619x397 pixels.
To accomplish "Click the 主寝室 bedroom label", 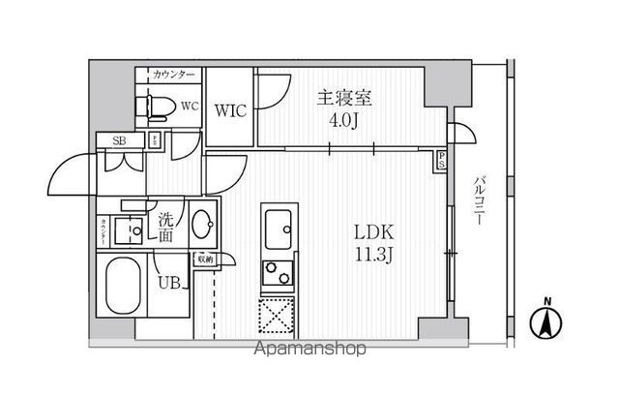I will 345,97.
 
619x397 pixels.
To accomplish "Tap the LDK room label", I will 373,233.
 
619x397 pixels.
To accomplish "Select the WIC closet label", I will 230,110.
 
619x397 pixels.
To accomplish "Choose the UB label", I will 168,283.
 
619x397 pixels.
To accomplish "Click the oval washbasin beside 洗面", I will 203,227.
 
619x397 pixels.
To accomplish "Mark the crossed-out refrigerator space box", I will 279,316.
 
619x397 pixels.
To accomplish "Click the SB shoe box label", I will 119,141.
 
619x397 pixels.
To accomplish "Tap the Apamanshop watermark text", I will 310,349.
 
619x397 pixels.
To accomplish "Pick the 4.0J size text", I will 345,121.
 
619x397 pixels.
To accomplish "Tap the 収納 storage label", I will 205,259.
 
